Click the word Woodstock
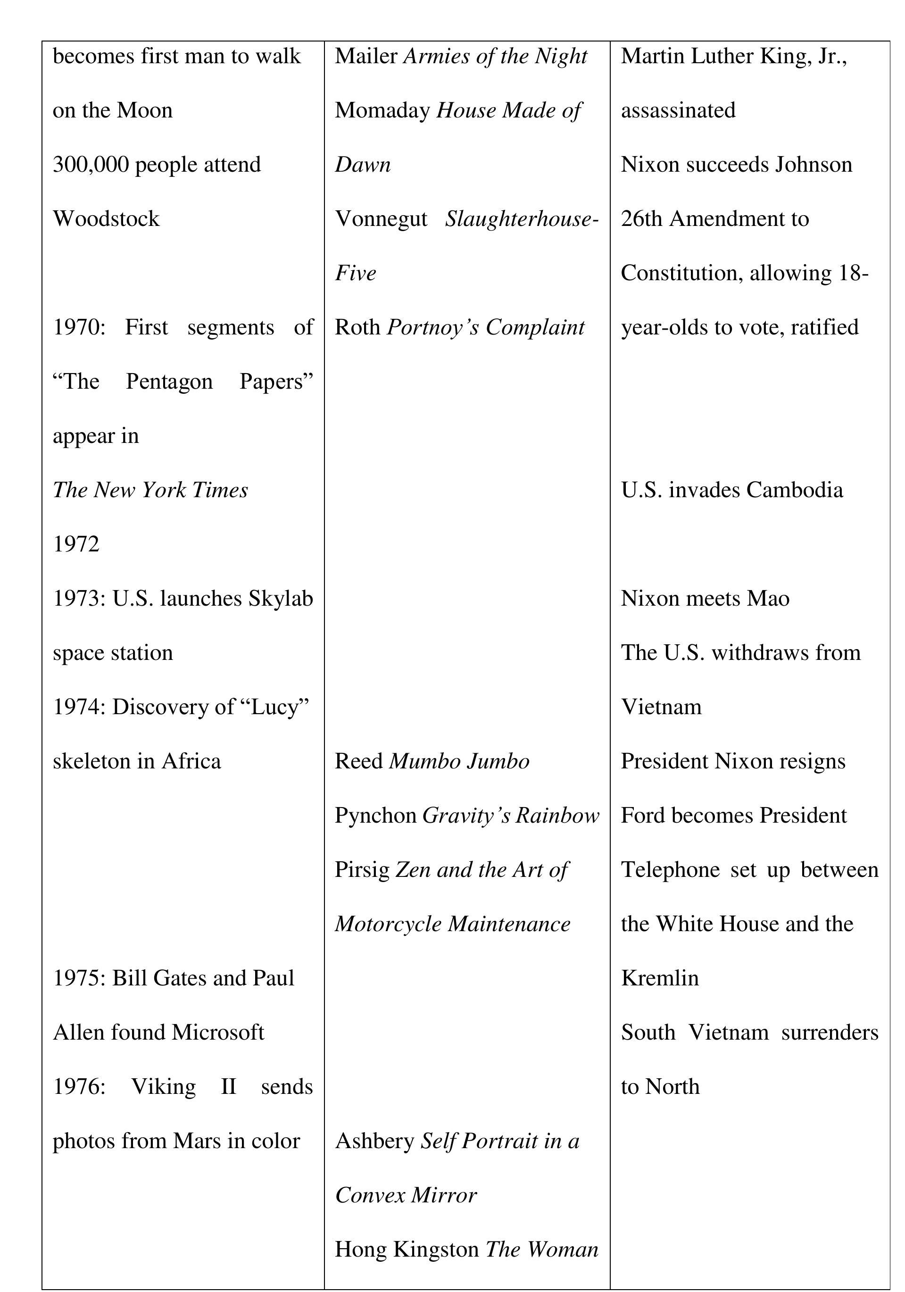[x=106, y=219]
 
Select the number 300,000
[x=91, y=165]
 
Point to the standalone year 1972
[x=76, y=544]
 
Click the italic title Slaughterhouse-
[x=522, y=219]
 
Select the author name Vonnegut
[x=381, y=219]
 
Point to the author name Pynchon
[x=375, y=816]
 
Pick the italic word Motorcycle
[x=388, y=925]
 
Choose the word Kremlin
[x=659, y=979]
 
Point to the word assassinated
[x=678, y=111]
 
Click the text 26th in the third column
[x=641, y=219]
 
